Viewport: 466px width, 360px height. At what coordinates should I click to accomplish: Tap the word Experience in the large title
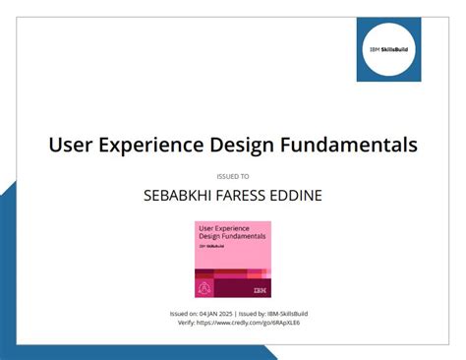pos(157,146)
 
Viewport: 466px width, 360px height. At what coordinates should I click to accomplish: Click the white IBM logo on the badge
pos(259,290)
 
